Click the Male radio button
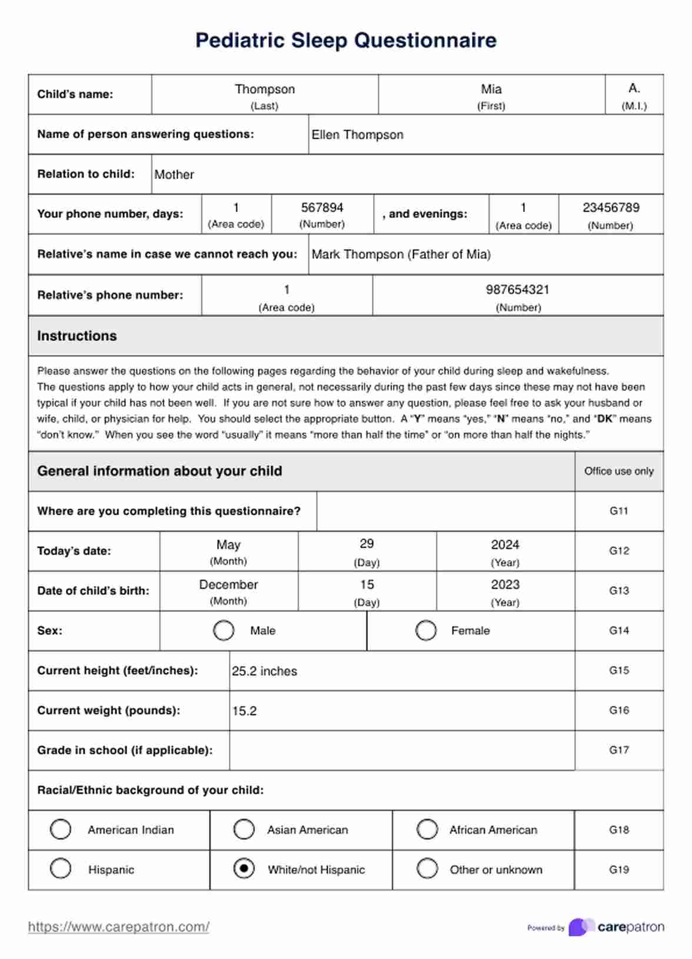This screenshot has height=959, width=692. (x=224, y=630)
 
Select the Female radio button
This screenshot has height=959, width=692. (x=425, y=630)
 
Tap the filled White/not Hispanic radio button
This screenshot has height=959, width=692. (x=244, y=868)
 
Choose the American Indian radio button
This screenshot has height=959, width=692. (x=61, y=829)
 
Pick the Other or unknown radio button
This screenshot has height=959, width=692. (x=427, y=868)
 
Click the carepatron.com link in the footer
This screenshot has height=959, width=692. (x=119, y=927)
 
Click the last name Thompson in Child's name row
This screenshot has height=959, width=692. (x=265, y=89)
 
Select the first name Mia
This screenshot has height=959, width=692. (x=491, y=89)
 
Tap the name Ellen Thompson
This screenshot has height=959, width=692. (x=357, y=135)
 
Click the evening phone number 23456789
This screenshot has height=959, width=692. (x=611, y=208)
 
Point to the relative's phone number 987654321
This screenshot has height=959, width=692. (x=518, y=289)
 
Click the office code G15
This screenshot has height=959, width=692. (x=619, y=670)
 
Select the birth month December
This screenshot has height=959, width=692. (x=228, y=585)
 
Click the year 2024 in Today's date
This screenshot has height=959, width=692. (x=505, y=545)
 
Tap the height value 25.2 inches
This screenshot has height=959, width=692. (x=264, y=671)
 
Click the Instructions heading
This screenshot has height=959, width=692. (x=77, y=336)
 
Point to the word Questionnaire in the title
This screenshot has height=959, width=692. (x=425, y=40)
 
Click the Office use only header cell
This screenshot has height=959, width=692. (x=619, y=471)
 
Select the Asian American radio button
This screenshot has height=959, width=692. (x=244, y=829)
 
